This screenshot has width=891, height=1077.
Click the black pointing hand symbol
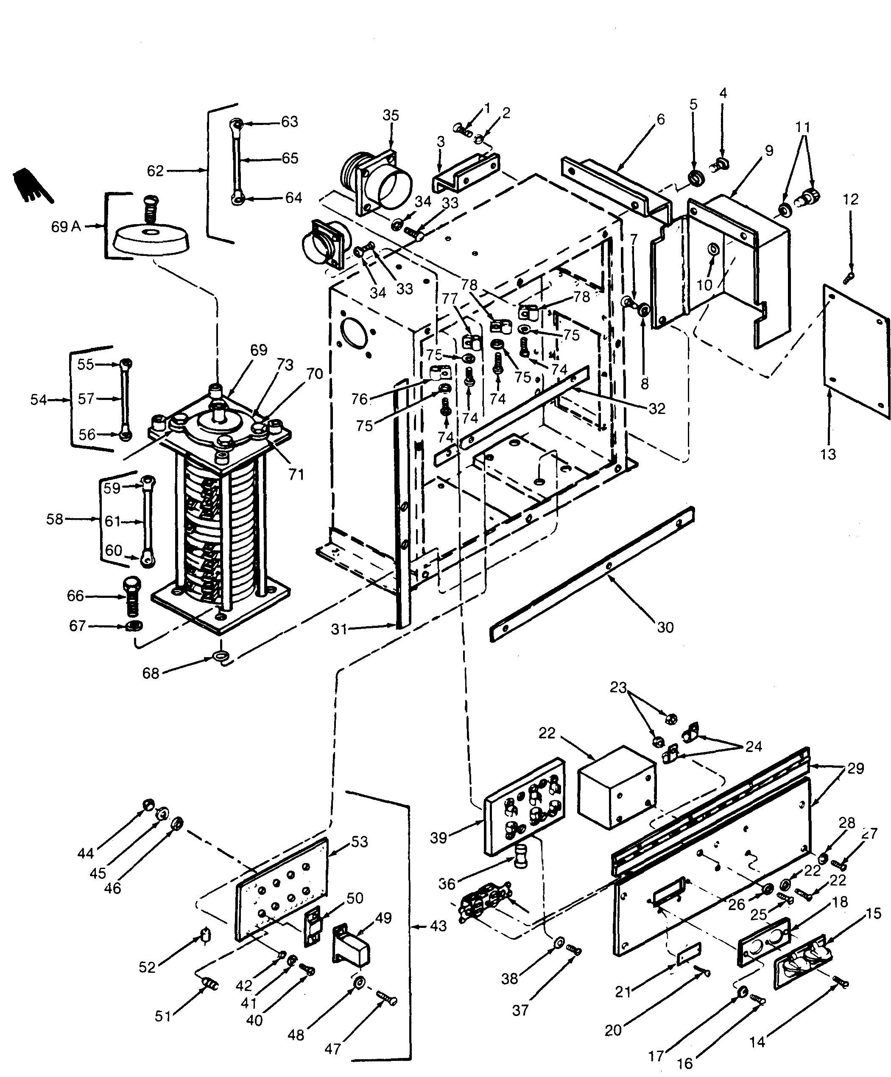pos(32,186)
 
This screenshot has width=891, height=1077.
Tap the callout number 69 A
pos(66,226)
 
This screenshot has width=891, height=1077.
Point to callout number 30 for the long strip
pos(665,627)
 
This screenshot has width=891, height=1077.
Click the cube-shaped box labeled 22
pos(617,787)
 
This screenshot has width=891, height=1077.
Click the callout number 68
pos(151,673)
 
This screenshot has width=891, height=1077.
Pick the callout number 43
pos(437,926)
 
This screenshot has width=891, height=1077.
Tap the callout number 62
pos(155,170)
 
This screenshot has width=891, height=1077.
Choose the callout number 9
pos(769,151)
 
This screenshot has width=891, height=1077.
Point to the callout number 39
pos(439,838)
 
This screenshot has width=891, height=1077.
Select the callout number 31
pos(339,629)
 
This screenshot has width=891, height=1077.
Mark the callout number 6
pos(661,119)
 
